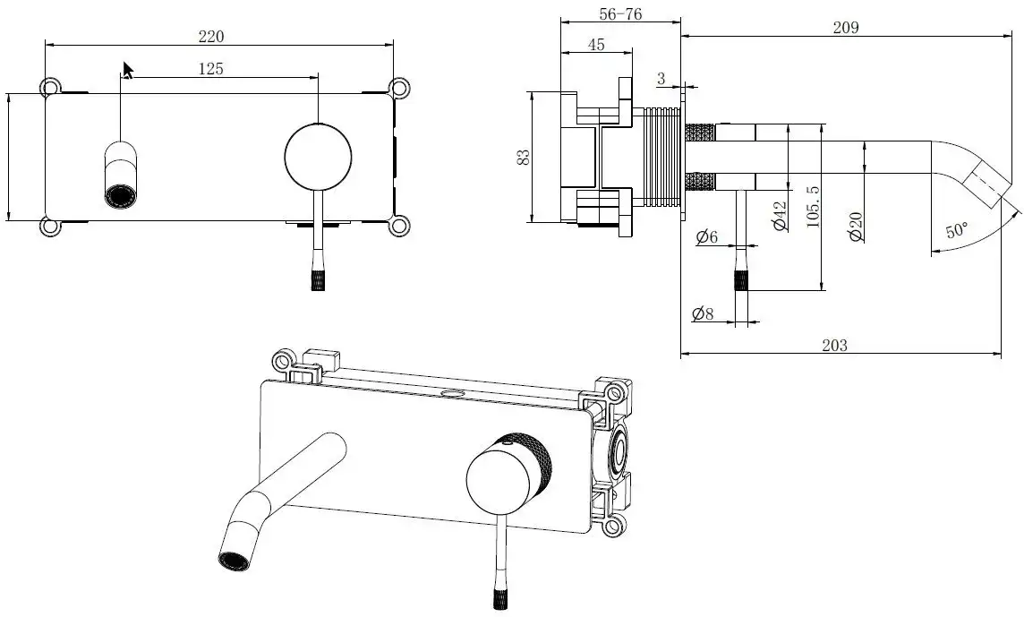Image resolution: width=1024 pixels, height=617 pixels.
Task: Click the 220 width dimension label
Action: pos(211,37)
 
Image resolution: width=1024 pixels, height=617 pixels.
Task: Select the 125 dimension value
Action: pos(211,69)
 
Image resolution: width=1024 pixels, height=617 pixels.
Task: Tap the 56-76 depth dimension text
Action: pos(619,14)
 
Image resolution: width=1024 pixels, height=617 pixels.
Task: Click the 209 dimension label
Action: pos(845,27)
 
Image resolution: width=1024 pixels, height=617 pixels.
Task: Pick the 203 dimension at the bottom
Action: pos(833,345)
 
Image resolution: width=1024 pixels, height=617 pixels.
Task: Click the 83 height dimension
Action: pos(524,156)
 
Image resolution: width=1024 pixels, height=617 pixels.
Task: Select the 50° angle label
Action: pos(956,229)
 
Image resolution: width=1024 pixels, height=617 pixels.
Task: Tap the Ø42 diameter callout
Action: pos(779,216)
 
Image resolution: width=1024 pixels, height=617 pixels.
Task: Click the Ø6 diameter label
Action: pos(707,236)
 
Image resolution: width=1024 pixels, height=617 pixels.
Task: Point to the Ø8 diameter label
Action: pos(703,314)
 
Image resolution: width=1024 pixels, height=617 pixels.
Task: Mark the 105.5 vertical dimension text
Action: pos(813,206)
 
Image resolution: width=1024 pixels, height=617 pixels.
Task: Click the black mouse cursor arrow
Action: pos(128,70)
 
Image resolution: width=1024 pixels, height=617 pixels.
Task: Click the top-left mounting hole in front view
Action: pos(51,87)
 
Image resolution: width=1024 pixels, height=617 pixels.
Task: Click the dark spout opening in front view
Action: pos(118,194)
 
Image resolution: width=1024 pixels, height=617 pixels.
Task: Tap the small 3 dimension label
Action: pos(661,80)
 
